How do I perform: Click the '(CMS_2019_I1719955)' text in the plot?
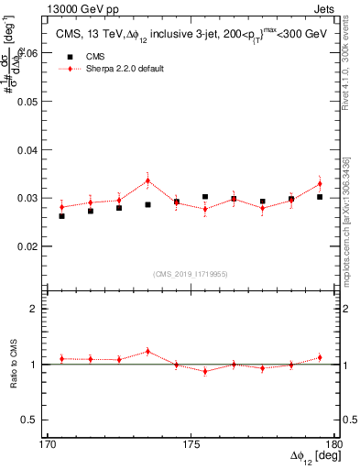tap(191, 274)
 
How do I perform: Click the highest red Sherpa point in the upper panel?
tap(147, 180)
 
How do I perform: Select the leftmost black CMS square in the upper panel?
tap(61, 216)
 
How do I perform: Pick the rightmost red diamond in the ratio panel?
tap(320, 357)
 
